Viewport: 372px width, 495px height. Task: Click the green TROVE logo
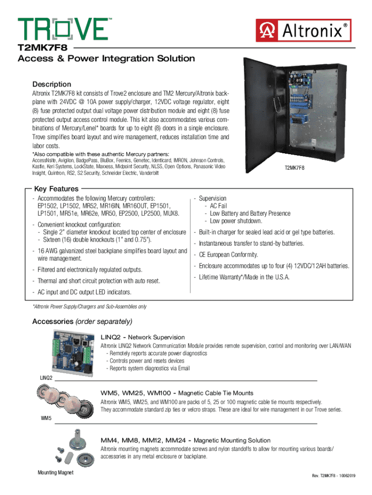click(63, 29)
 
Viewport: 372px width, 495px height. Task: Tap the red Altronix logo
click(303, 30)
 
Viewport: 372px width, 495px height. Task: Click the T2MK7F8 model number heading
click(43, 48)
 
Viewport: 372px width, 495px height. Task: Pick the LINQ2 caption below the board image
click(46, 377)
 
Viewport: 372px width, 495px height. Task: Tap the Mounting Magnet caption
click(56, 472)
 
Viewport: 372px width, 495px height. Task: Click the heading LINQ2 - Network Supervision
click(143, 337)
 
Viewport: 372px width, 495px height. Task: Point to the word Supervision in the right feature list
click(213, 199)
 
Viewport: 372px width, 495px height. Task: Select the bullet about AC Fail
click(218, 206)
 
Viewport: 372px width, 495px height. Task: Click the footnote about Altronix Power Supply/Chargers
click(89, 307)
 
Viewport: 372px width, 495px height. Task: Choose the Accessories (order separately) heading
click(82, 321)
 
